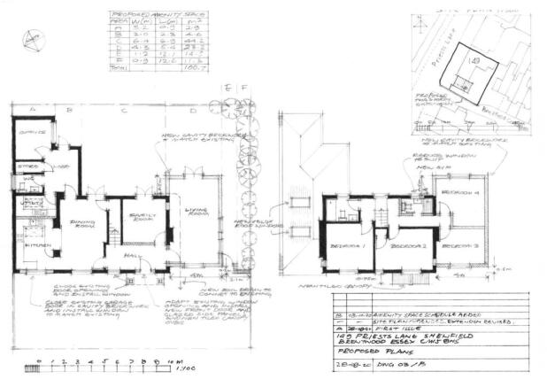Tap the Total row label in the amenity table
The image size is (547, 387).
(118, 89)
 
